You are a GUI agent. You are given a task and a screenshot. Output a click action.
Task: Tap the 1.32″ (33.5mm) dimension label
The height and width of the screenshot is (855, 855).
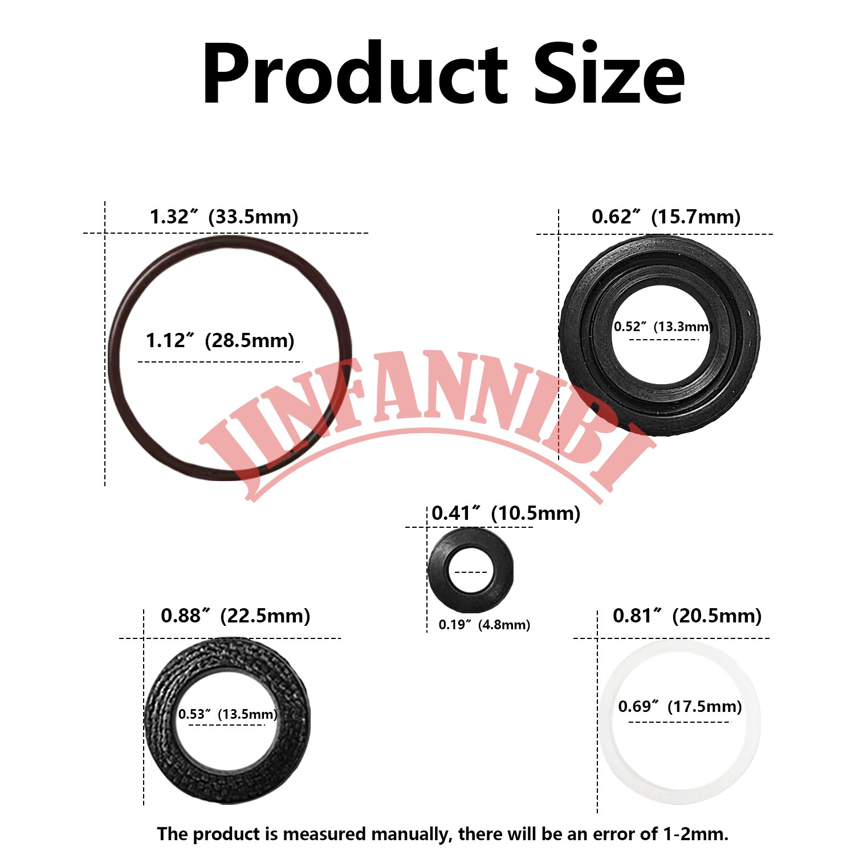click(224, 217)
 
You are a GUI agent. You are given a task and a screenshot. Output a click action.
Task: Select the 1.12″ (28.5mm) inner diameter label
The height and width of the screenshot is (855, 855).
click(220, 340)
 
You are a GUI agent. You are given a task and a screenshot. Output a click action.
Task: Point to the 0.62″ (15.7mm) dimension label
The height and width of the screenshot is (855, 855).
click(666, 217)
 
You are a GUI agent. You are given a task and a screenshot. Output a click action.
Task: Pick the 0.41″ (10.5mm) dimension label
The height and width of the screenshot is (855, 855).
click(506, 513)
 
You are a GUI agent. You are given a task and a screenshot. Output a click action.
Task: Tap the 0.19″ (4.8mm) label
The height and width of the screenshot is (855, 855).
click(484, 625)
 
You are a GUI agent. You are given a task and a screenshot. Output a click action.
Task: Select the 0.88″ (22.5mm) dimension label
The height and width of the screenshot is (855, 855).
click(235, 616)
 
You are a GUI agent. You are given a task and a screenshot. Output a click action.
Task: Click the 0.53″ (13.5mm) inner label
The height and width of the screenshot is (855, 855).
click(227, 714)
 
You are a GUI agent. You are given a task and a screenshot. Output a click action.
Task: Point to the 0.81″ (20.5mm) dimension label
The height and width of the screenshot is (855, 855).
click(687, 616)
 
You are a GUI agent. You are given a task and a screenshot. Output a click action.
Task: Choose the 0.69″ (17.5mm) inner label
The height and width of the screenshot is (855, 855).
click(680, 707)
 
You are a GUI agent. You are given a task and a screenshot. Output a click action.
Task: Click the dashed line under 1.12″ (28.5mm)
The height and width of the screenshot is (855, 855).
click(220, 361)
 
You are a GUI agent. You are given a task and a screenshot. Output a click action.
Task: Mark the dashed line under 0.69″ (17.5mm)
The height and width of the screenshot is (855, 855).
click(679, 722)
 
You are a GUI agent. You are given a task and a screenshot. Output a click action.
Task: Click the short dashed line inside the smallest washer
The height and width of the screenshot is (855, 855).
click(471, 572)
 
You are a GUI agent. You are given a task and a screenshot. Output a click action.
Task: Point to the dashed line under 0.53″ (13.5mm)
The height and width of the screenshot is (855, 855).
click(227, 724)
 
